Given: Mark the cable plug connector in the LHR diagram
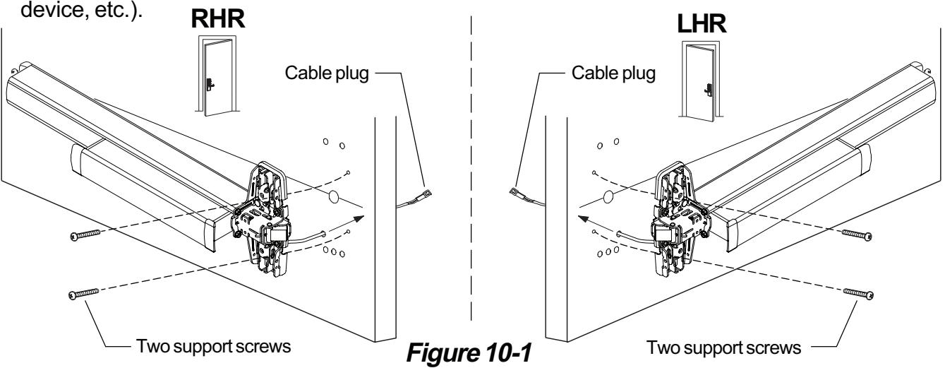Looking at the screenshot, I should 514,191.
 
